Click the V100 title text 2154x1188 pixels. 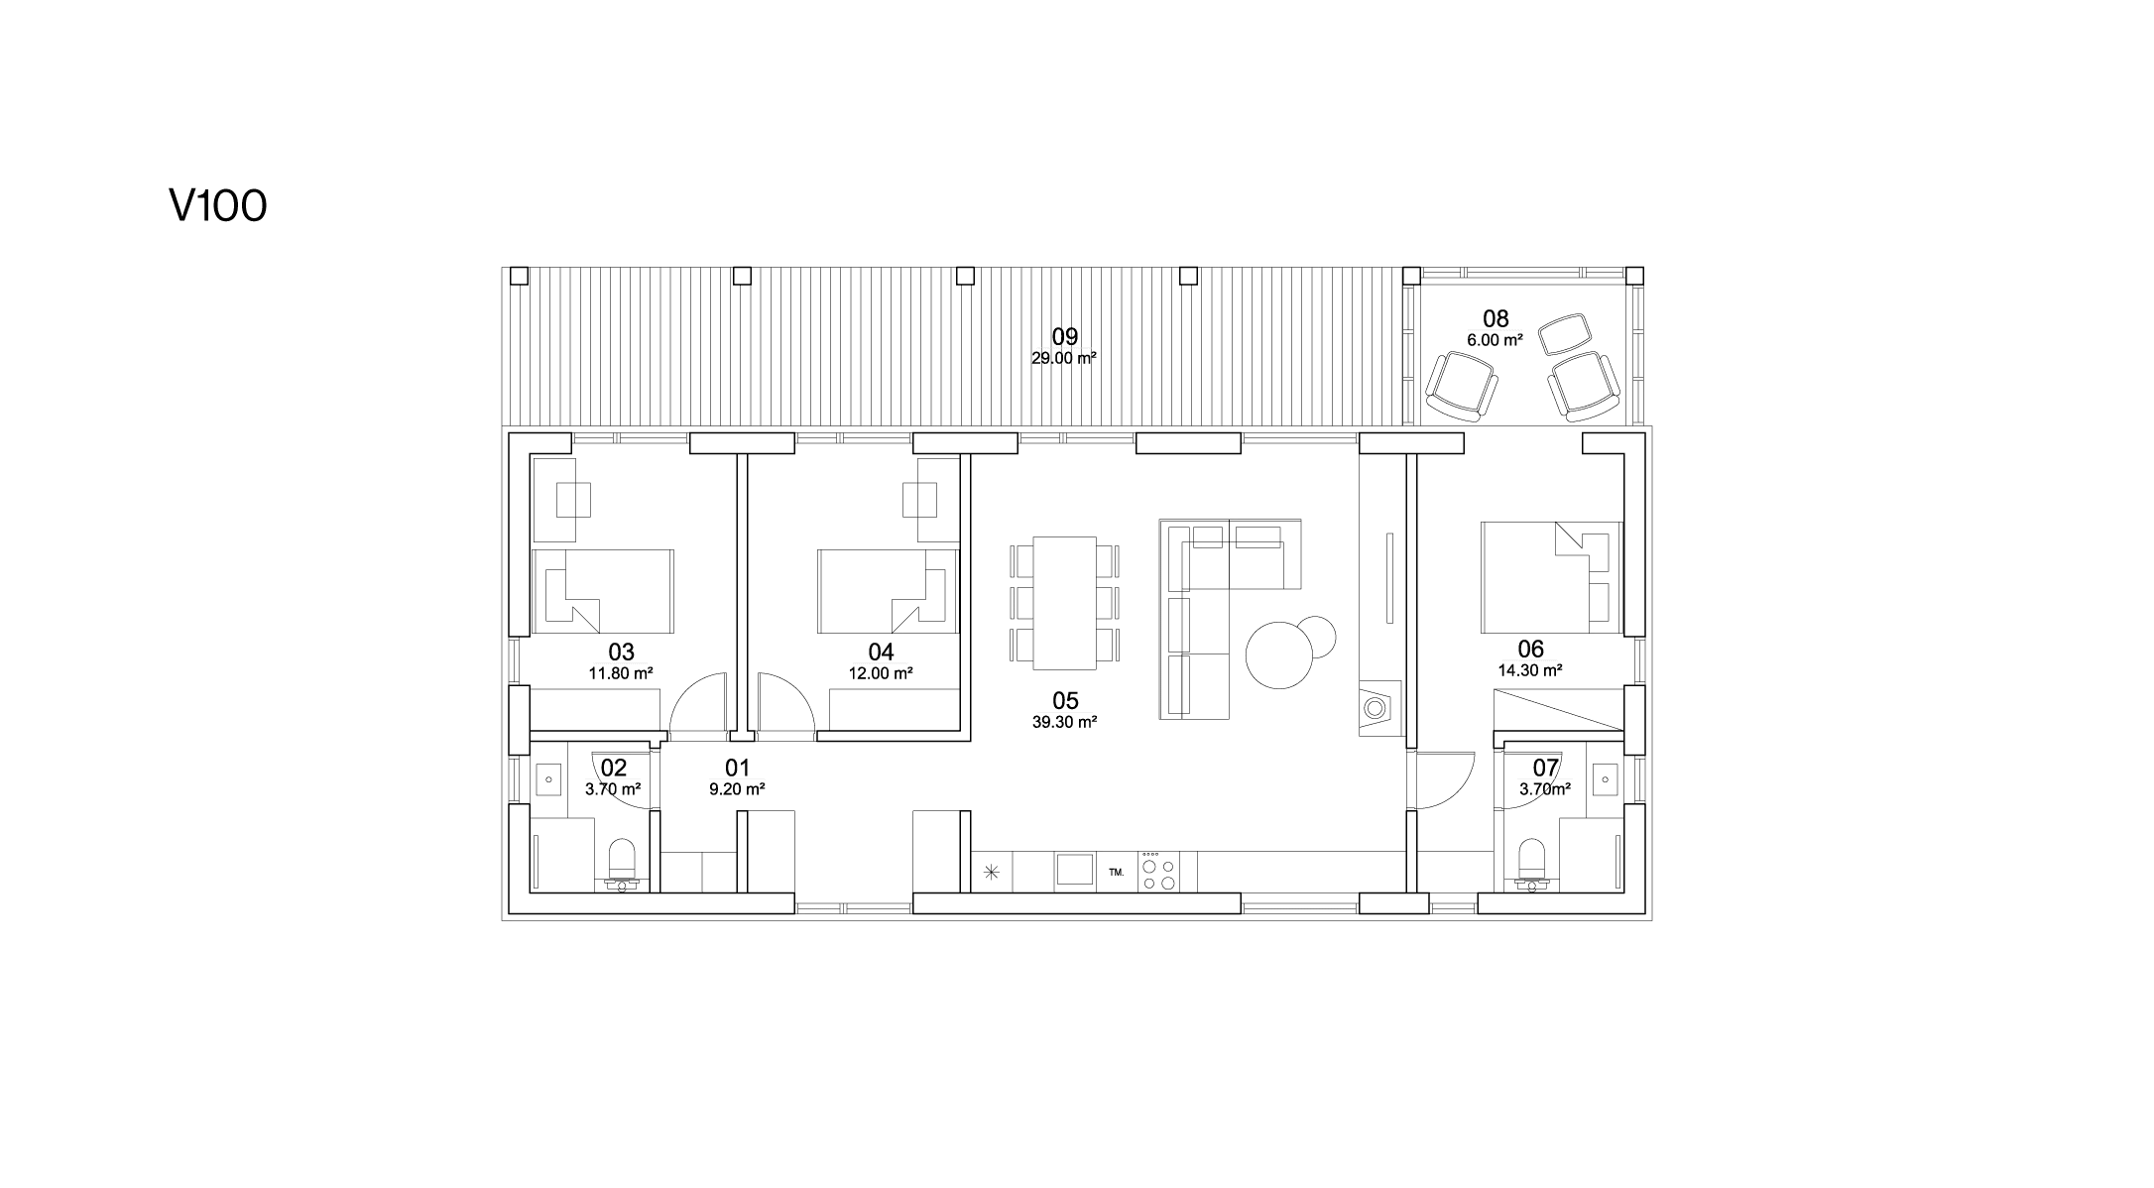218,206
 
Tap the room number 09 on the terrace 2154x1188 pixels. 1064,337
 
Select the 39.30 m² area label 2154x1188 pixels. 1064,723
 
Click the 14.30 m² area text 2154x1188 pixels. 1530,670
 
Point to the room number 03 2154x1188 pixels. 621,652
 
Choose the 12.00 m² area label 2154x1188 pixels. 881,673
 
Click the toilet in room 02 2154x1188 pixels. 622,865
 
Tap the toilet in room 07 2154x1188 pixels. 1532,865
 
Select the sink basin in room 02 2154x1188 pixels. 547,778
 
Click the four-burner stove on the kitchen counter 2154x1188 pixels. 1158,872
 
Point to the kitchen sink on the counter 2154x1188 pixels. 1074,870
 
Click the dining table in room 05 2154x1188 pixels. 1065,603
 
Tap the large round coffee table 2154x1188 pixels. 1277,654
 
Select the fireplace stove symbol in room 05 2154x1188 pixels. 1376,708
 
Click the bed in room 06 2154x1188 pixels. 1552,577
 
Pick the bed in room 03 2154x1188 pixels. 603,591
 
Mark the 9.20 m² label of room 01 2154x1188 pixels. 737,790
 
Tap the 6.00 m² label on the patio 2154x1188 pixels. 1495,340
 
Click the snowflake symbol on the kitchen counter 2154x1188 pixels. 991,873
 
